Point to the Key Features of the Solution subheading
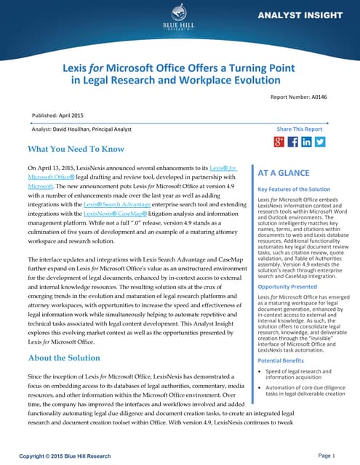[x=289, y=189]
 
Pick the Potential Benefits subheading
[x=276, y=360]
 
